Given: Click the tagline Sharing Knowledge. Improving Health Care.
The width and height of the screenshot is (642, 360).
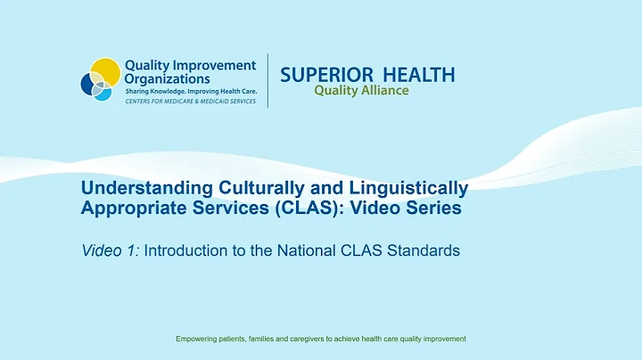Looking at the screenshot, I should pos(189,92).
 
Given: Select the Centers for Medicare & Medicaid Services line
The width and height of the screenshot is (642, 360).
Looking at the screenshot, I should pos(189,102).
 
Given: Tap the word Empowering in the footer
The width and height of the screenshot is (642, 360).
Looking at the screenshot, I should pos(197,340).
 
